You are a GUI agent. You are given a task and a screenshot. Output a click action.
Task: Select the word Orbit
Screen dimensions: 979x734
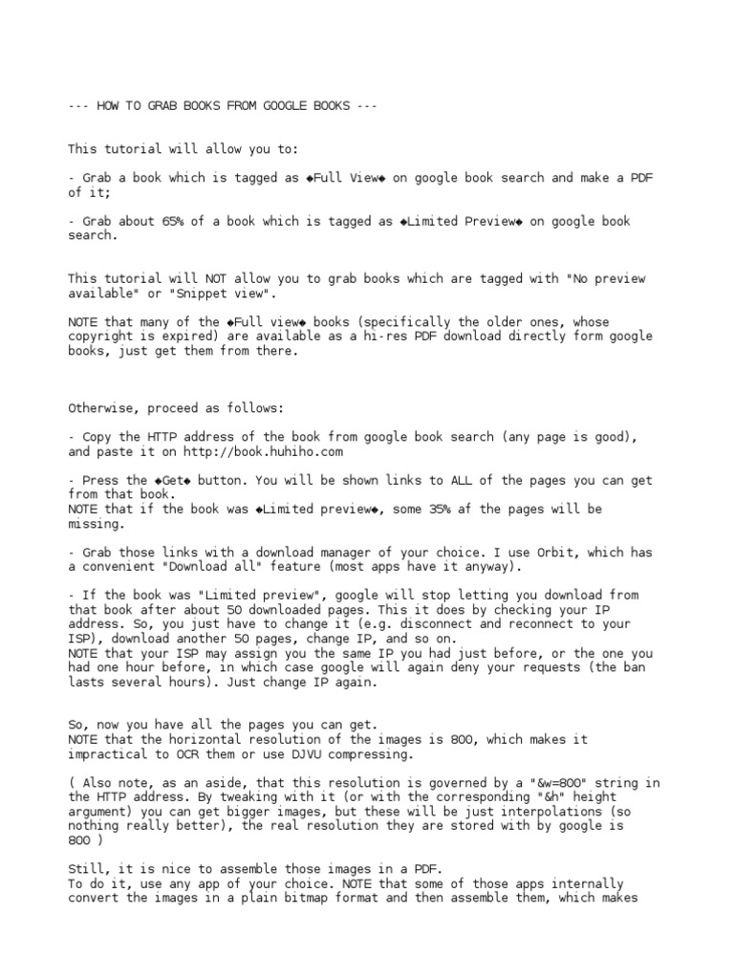click(531, 553)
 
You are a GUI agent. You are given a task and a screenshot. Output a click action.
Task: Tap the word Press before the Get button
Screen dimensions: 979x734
click(100, 480)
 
